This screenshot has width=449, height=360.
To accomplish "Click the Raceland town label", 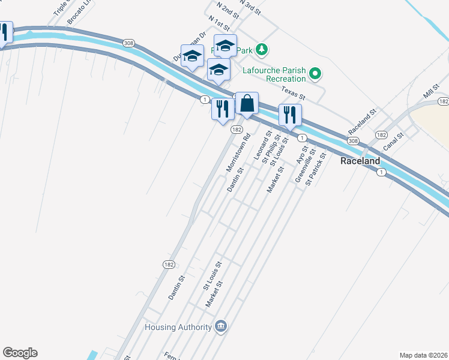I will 360,161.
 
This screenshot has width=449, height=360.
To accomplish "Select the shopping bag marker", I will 247,104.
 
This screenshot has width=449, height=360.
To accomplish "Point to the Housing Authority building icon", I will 220,326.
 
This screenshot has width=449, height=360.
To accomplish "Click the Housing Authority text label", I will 178,327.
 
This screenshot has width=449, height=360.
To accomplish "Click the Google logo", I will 20,353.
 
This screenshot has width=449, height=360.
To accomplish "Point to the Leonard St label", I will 262,146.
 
